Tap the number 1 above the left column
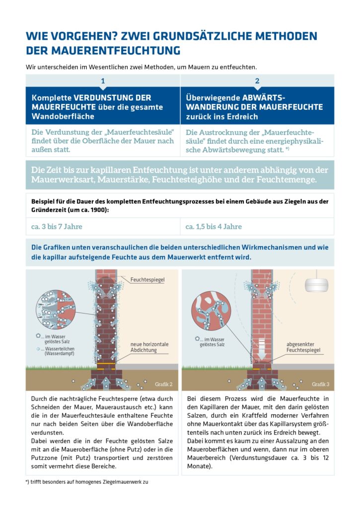tap(103, 81)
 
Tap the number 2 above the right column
tap(257, 81)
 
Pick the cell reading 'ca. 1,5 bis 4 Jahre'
tap(214, 227)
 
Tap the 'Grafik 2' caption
tap(163, 384)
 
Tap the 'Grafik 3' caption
tap(320, 384)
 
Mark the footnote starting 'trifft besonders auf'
tap(89, 482)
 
